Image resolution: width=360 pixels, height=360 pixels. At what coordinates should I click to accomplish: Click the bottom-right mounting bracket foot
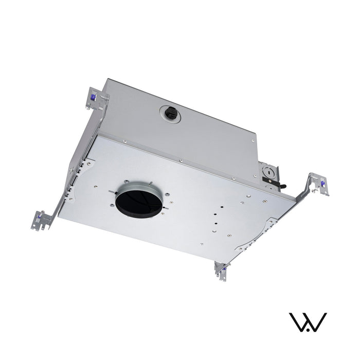click(x=222, y=271)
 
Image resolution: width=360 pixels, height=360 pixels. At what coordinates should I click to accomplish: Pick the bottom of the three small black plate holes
click(x=214, y=224)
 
